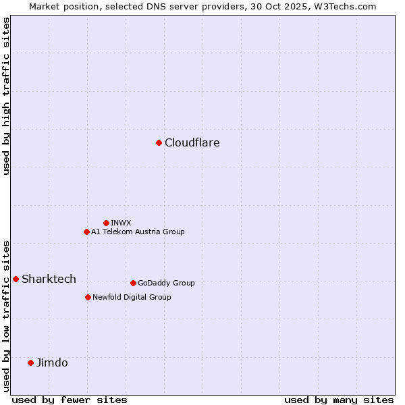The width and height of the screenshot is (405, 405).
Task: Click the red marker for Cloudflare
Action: pos(159,142)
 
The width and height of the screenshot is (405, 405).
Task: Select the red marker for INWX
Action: pos(106,223)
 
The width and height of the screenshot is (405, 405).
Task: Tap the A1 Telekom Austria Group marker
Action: pos(86,232)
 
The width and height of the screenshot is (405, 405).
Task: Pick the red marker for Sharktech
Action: pos(16,279)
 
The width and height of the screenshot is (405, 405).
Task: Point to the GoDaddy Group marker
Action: pos(133,283)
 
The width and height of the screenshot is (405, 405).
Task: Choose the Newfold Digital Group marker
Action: pos(88,297)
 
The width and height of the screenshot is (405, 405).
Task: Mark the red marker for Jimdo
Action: pos(30,362)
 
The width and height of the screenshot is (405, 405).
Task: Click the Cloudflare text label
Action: pos(192,142)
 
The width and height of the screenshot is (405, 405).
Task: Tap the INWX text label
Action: pos(121,223)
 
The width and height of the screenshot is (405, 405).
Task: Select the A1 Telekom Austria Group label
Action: pos(138,232)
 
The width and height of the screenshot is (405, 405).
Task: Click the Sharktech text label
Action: pos(49,279)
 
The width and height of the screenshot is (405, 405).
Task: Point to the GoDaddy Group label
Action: pos(166,283)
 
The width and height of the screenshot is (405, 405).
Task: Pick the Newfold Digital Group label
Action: pos(132,297)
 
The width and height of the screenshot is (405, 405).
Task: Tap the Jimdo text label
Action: pos(52,362)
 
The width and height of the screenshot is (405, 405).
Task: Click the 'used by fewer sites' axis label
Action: pos(70,400)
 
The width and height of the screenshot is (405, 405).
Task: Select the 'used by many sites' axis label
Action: pos(339,400)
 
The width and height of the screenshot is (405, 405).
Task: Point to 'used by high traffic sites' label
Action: pos(6,96)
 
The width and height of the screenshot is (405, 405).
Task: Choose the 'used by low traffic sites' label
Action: pos(6,316)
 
